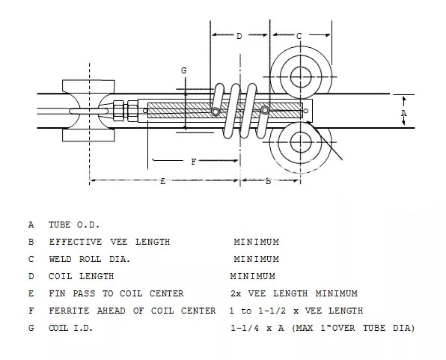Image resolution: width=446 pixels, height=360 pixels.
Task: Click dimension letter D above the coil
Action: [x=239, y=36]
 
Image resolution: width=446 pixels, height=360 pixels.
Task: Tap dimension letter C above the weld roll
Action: [x=299, y=36]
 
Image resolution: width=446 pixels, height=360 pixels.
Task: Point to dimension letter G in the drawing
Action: [x=184, y=70]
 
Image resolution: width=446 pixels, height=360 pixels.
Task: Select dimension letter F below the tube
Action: [x=193, y=162]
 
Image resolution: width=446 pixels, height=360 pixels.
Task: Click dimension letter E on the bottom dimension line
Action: [x=162, y=181]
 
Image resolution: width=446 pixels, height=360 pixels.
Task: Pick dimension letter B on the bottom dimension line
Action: [x=268, y=181]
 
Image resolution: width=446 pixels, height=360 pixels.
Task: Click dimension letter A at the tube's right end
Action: [x=403, y=113]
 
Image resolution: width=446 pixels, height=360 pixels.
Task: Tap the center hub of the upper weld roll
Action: [x=301, y=77]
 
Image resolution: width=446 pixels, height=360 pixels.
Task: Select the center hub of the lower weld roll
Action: [x=301, y=142]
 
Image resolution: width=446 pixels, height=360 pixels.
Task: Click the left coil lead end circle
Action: [x=216, y=112]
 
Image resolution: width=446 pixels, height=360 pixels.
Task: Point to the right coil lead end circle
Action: [x=265, y=110]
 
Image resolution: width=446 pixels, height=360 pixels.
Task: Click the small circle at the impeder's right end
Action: [x=306, y=111]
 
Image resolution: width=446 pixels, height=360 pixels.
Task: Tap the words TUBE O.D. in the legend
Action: [x=74, y=225]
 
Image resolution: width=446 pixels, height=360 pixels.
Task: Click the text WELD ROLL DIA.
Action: [x=90, y=259]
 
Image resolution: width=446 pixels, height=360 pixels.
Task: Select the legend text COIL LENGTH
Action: [x=82, y=276]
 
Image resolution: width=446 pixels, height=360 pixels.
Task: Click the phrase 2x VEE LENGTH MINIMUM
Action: [x=294, y=293]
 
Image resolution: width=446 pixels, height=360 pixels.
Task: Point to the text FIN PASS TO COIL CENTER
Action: [x=116, y=293]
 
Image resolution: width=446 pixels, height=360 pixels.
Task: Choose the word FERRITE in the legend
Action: [x=69, y=311]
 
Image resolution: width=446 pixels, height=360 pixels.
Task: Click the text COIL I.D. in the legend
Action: [x=71, y=328]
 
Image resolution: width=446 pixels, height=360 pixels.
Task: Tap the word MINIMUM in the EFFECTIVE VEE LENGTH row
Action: [x=256, y=242]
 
